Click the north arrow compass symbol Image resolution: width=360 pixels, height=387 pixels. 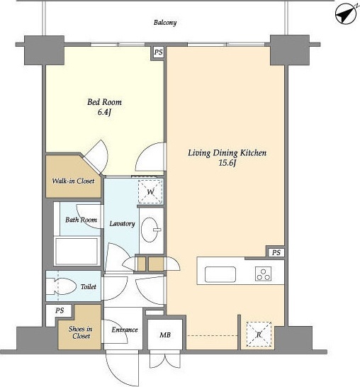(346, 14)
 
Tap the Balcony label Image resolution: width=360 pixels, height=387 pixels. (165, 23)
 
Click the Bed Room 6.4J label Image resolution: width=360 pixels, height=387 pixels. (105, 107)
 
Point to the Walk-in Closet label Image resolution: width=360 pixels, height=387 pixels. (73, 181)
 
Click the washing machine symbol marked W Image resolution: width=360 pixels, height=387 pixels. (150, 191)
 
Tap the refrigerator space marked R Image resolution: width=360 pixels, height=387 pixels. (259, 335)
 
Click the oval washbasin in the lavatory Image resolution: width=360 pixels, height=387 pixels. (150, 230)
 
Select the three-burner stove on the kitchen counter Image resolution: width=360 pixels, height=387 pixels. (264, 274)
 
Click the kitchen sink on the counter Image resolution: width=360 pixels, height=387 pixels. (220, 274)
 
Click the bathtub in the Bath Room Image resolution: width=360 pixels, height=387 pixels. (77, 251)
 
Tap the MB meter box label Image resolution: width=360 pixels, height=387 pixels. (165, 335)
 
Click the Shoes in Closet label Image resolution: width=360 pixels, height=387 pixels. (81, 332)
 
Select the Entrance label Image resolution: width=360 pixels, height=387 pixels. (125, 330)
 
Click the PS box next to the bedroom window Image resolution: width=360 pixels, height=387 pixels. (159, 52)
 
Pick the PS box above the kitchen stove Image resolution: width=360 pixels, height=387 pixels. (276, 252)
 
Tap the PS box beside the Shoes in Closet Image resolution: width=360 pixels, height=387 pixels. (60, 310)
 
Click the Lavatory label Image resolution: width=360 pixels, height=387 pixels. (122, 223)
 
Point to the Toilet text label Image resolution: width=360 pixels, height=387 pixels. (89, 286)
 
